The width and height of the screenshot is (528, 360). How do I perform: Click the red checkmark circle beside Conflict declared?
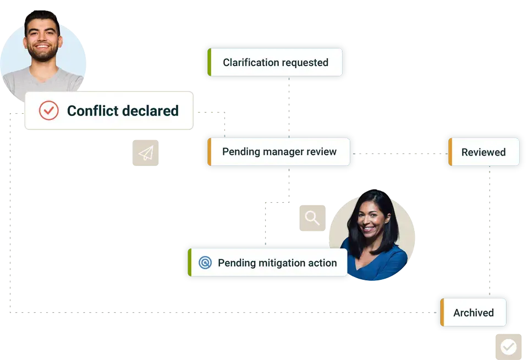tap(49, 110)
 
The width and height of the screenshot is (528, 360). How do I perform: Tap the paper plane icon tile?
tap(145, 153)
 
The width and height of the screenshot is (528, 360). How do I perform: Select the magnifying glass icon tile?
tap(312, 218)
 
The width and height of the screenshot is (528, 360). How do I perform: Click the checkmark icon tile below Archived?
tap(508, 347)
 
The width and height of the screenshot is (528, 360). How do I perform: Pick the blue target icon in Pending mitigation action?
tap(205, 262)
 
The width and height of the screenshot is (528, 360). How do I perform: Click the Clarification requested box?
tap(275, 62)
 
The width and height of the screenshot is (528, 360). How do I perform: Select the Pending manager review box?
tap(278, 152)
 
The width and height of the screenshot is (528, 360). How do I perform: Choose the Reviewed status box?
tap(483, 152)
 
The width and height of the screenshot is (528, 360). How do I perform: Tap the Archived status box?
tap(473, 312)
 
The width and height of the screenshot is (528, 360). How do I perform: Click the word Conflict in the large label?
tap(92, 110)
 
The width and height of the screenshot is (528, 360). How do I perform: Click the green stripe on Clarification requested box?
tap(209, 62)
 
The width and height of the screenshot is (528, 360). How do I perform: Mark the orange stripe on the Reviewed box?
tap(450, 152)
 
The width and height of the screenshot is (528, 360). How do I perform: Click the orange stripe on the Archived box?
tap(442, 312)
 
